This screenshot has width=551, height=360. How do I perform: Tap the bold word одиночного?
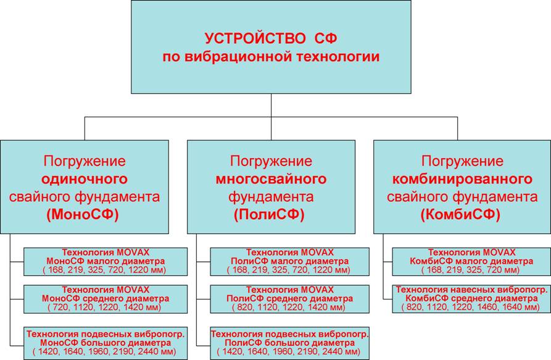coord(85,179)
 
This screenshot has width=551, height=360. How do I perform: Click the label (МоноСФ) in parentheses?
coord(83,214)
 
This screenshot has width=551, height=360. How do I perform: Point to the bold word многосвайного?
coord(271,179)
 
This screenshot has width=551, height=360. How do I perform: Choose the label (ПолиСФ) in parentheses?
coord(269,214)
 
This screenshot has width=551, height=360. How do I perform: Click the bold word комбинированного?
coord(462,179)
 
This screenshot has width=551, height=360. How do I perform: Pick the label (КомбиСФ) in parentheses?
coord(460,214)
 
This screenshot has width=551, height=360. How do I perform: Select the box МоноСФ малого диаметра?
coord(106,262)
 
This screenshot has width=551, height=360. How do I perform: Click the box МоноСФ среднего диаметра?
coord(106,299)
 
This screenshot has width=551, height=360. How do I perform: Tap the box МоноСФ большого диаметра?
coord(106,343)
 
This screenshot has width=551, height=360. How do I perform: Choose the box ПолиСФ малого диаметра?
coord(289,262)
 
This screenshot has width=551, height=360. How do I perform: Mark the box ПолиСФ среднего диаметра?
coord(289,299)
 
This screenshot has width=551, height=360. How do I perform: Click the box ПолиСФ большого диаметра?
coord(289,343)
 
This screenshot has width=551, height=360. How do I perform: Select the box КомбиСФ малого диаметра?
coord(471,262)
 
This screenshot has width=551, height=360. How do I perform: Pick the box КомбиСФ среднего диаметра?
coord(471,299)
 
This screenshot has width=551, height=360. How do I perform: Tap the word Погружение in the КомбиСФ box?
coord(462,161)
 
